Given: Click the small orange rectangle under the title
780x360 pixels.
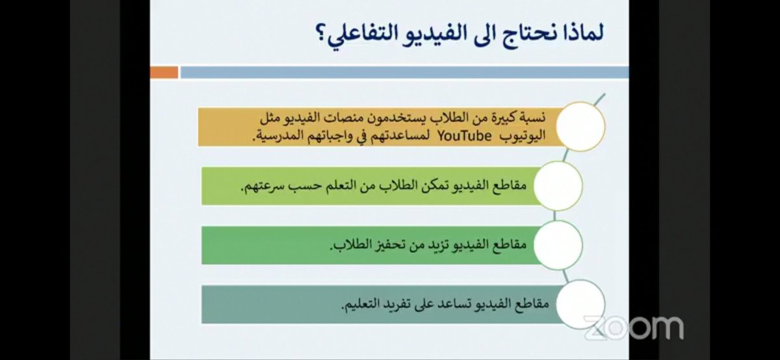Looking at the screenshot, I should pos(164,72).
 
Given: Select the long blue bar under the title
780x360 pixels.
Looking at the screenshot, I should pos(404,72).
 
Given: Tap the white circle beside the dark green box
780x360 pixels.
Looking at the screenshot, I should pos(557,244).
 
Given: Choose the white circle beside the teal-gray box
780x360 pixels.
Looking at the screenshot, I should pos(580,304).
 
